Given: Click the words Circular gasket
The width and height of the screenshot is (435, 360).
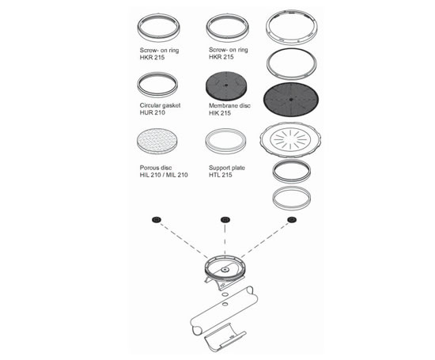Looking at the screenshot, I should pos(159,103).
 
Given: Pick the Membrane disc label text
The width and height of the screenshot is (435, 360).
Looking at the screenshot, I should pos(229,103).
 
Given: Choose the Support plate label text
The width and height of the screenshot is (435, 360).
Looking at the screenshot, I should pos(228,167).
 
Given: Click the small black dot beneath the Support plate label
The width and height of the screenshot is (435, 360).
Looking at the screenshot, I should pos(225,218).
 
